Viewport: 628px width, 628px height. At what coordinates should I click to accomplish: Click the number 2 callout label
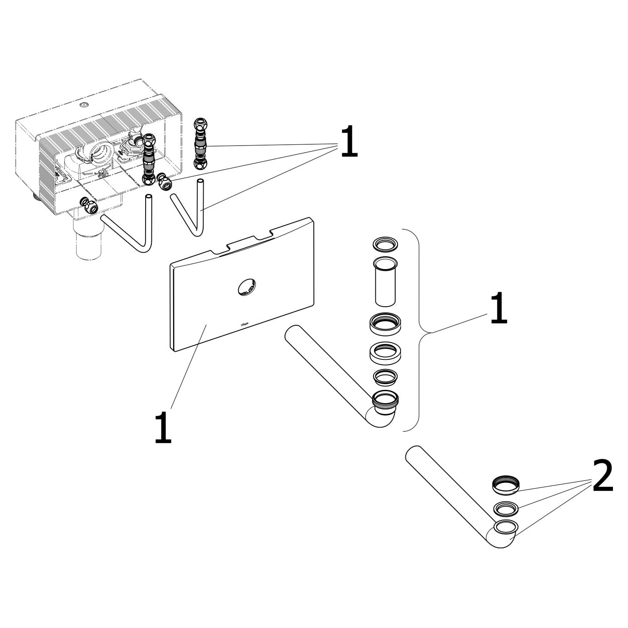tap(602, 476)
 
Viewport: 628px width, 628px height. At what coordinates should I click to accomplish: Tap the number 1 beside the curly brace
tap(498, 308)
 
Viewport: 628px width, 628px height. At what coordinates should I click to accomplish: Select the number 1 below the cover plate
tap(162, 427)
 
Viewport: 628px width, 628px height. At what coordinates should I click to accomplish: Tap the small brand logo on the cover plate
tap(244, 324)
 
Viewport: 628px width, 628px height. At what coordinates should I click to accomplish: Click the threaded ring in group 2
tap(505, 485)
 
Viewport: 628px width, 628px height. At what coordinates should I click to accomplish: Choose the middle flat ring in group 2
tap(505, 509)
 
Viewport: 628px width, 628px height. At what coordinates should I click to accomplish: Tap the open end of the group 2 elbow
tap(505, 527)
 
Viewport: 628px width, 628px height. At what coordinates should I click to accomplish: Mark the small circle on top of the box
tap(84, 105)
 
